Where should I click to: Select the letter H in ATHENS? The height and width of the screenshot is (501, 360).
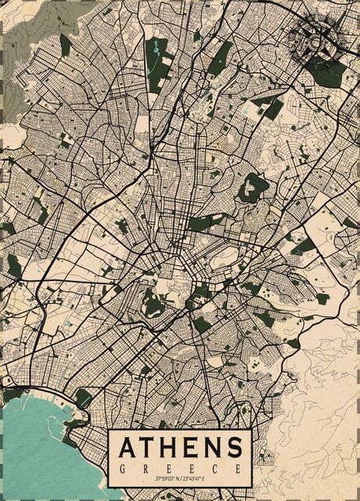[174, 448]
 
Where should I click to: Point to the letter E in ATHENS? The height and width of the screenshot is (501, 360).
[195, 448]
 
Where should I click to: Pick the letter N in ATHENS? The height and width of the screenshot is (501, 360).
[214, 448]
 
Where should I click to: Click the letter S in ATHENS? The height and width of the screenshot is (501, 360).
[235, 448]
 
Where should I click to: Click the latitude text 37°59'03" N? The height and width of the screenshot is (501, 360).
[167, 478]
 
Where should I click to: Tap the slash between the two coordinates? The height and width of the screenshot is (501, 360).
[183, 478]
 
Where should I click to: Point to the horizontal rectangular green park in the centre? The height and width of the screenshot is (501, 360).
[205, 223]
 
